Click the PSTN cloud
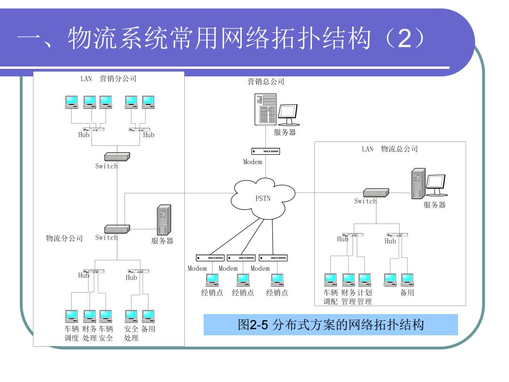pyautogui.click(x=263, y=199)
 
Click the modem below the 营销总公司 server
pyautogui.click(x=265, y=151)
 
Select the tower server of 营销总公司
pyautogui.click(x=265, y=109)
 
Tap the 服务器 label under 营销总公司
pyautogui.click(x=285, y=132)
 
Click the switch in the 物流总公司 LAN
pyautogui.click(x=376, y=192)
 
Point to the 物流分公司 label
pyautogui.click(x=64, y=238)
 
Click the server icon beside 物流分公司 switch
pyautogui.click(x=164, y=220)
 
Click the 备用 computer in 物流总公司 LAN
pyautogui.click(x=407, y=280)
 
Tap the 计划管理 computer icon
pyautogui.click(x=364, y=280)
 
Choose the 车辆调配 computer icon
pyautogui.click(x=330, y=280)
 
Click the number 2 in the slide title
pyautogui.click(x=404, y=39)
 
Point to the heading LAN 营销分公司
pyautogui.click(x=108, y=79)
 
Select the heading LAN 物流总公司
pyautogui.click(x=390, y=149)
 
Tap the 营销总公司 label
pyautogui.click(x=266, y=82)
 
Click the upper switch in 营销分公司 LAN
pyautogui.click(x=117, y=157)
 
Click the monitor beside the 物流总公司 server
pyautogui.click(x=436, y=185)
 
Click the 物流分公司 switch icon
pyautogui.click(x=117, y=229)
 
